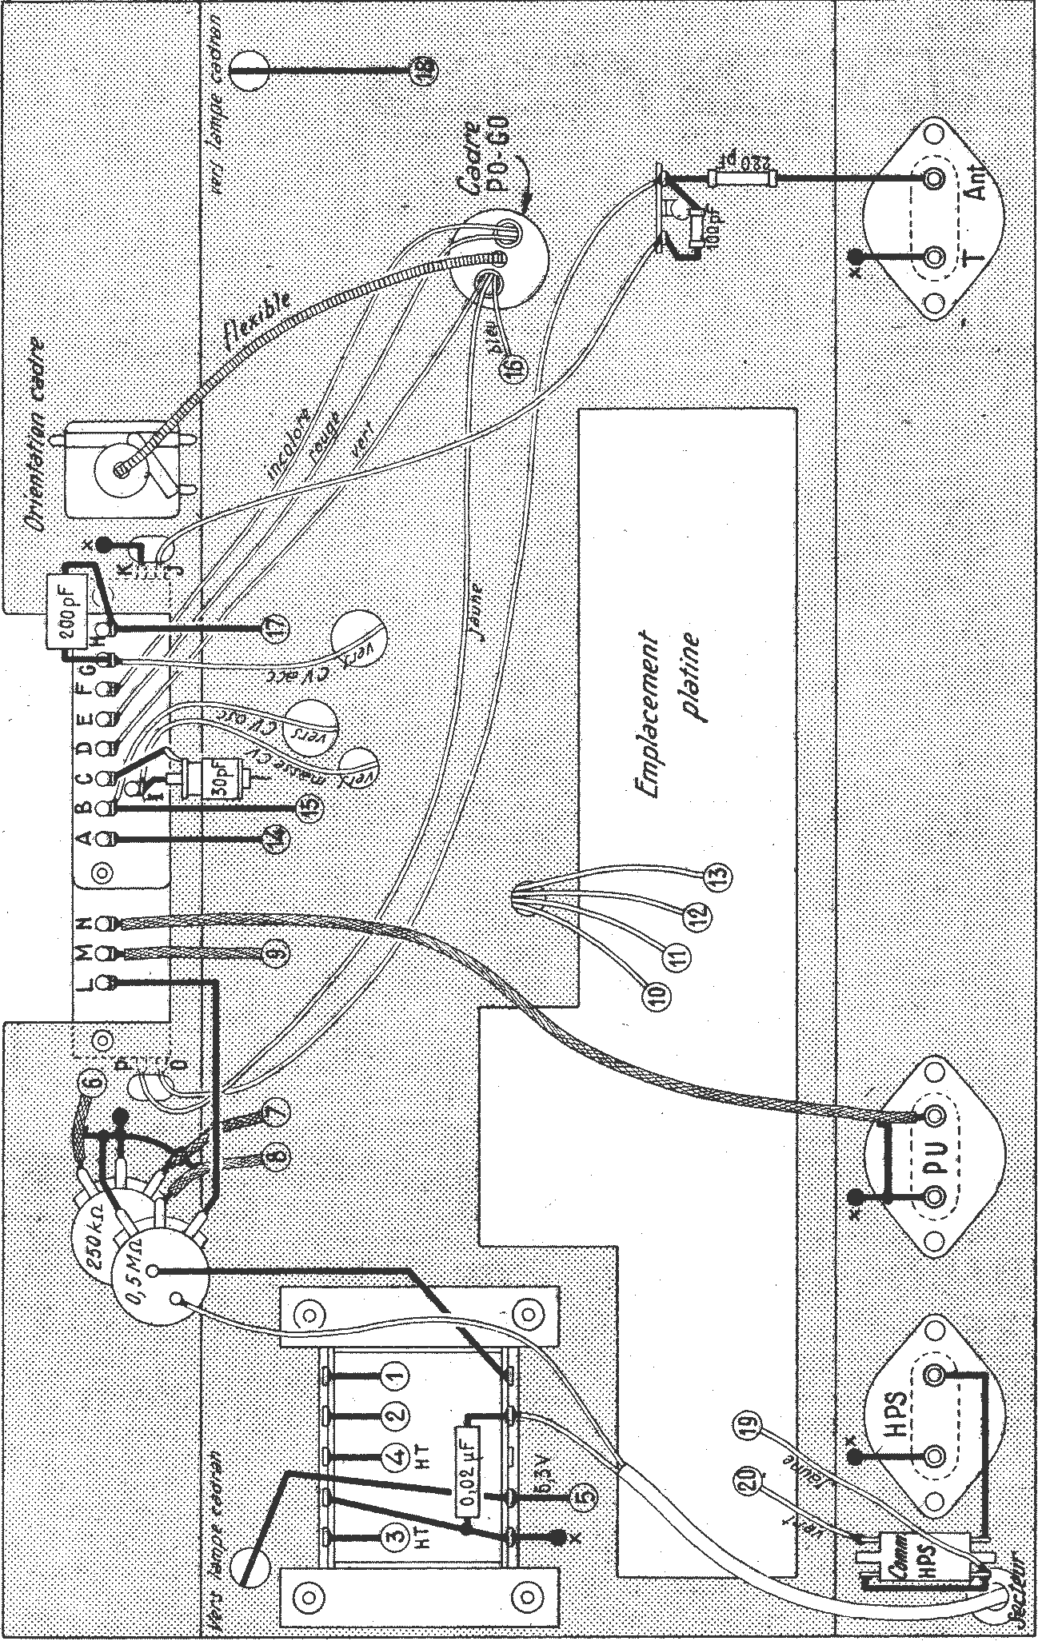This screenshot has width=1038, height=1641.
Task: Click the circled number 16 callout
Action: (512, 366)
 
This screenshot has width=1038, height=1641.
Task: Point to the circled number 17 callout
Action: (273, 629)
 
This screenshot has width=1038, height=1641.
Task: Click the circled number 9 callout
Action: (273, 952)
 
